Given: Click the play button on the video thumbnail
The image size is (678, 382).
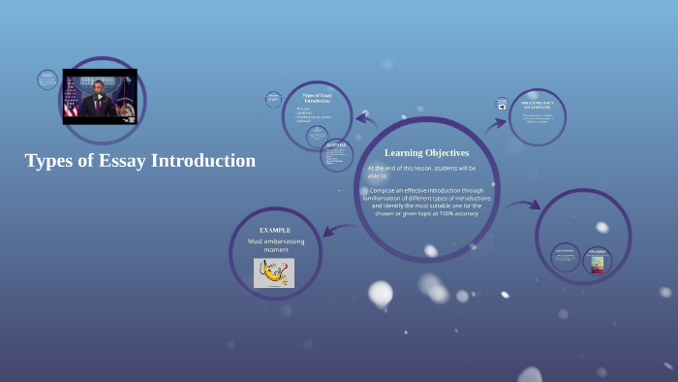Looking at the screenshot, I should [x=100, y=97].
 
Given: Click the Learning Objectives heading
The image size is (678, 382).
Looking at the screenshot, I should [x=426, y=152].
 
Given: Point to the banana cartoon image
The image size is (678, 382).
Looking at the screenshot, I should [x=274, y=272].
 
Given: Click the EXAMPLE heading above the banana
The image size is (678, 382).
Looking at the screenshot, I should [x=275, y=230].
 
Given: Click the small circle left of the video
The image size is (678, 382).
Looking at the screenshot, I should [x=47, y=80].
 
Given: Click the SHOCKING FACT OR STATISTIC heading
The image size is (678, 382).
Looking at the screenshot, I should [x=538, y=104].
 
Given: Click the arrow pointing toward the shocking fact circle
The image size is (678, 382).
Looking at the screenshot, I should [x=496, y=124].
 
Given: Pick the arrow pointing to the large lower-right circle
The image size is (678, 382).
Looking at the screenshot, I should [x=523, y=205].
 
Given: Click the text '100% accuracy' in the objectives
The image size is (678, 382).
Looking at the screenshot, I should [x=458, y=213].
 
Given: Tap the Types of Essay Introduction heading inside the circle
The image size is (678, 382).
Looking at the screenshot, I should [x=317, y=97].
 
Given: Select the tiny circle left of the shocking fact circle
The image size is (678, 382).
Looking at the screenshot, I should [x=502, y=104].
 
